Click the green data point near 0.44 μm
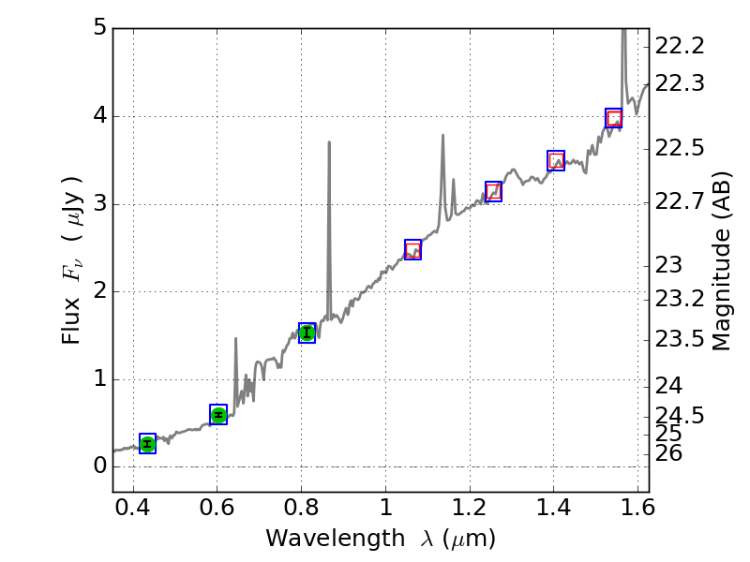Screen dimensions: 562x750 coord(147,444)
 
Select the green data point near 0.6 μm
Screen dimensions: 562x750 coord(218,415)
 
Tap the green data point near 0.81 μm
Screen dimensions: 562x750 coord(307,333)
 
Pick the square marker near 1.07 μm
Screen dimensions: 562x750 coord(412,249)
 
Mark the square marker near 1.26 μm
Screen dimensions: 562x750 coord(493,191)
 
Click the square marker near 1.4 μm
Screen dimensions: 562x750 coord(556,160)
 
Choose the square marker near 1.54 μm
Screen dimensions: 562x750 coord(614,118)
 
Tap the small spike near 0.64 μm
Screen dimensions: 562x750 coord(235,339)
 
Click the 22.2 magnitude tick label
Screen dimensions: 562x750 coord(680,46)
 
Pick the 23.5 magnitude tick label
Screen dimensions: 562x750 coord(680,338)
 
